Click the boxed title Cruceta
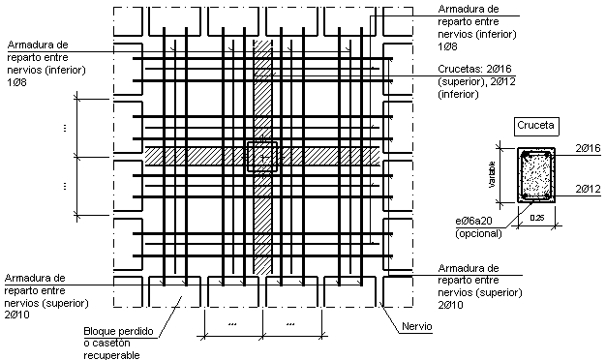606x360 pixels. tap(534, 126)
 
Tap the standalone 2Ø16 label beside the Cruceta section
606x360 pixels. tap(589, 146)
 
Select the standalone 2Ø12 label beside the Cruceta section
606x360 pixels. tap(589, 188)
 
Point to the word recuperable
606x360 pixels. tap(112, 354)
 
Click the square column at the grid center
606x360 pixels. tap(262, 156)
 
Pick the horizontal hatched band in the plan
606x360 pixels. tap(194, 156)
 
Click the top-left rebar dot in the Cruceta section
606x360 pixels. tap(524, 155)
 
